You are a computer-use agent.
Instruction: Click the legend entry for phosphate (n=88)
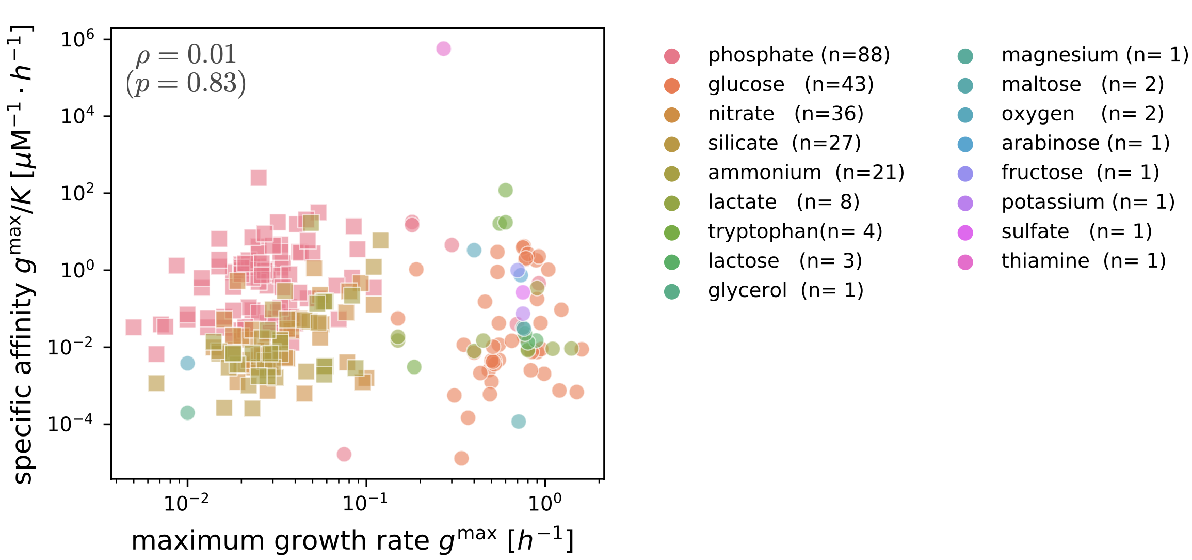pyautogui.click(x=798, y=55)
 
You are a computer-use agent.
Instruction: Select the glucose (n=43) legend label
pyautogui.click(x=790, y=84)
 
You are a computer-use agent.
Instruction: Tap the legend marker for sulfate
pyautogui.click(x=965, y=233)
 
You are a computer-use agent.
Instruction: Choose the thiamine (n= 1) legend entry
pyautogui.click(x=1083, y=261)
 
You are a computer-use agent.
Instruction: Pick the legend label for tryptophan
pyautogui.click(x=795, y=231)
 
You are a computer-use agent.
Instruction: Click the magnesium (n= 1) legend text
pyautogui.click(x=1094, y=55)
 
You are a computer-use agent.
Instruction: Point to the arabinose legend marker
pyautogui.click(x=965, y=145)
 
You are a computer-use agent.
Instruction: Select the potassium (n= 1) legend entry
pyautogui.click(x=1088, y=202)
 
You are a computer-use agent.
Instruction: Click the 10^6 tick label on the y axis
pyautogui.click(x=77, y=39)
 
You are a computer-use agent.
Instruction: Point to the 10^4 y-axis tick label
pyautogui.click(x=77, y=116)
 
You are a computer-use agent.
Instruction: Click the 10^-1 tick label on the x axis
pyautogui.click(x=365, y=502)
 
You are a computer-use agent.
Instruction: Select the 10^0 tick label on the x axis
pyautogui.click(x=544, y=502)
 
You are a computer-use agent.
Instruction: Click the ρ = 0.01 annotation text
pyautogui.click(x=186, y=55)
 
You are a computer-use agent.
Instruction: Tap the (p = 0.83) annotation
pyautogui.click(x=186, y=83)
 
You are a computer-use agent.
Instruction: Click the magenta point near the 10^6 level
pyautogui.click(x=443, y=49)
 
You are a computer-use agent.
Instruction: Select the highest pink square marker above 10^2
pyautogui.click(x=259, y=178)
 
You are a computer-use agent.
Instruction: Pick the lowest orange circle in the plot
pyautogui.click(x=461, y=458)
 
